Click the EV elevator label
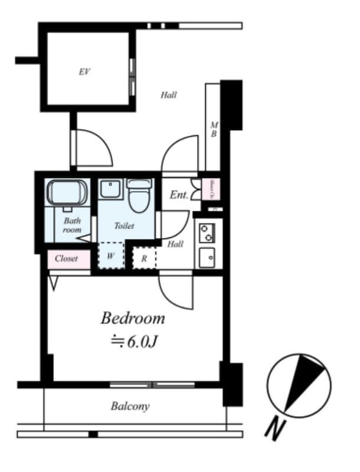[x=84, y=72]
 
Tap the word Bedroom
[x=133, y=319]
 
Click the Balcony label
[x=130, y=406]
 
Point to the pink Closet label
[x=67, y=258]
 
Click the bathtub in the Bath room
[x=67, y=192]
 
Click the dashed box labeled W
[x=110, y=256]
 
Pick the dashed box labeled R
[x=144, y=258]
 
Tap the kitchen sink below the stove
[x=208, y=257]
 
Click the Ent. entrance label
[x=179, y=195]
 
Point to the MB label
[x=214, y=129]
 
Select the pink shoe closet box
[x=211, y=189]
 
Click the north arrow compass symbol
[x=299, y=383]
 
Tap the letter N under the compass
[x=274, y=430]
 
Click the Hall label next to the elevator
[x=169, y=94]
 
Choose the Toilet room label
[x=124, y=225]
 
